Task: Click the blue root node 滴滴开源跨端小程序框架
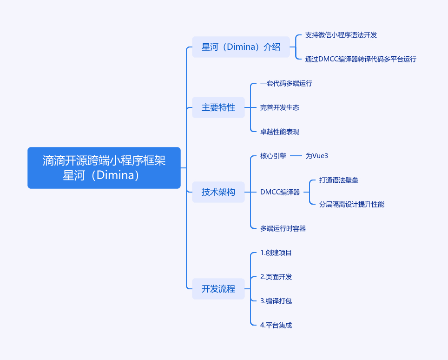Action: point(104,168)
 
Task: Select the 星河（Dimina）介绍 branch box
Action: point(241,47)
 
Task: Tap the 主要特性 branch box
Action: point(218,107)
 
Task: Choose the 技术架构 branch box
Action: point(218,192)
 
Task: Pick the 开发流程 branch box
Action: point(218,289)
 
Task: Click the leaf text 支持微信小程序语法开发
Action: point(341,35)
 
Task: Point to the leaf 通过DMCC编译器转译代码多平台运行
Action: point(361,59)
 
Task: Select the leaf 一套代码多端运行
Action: point(286,84)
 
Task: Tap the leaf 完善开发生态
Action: point(279,107)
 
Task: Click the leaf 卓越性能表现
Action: point(279,132)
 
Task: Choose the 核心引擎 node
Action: point(273,156)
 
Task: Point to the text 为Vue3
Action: point(317,156)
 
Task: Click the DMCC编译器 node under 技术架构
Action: point(280,192)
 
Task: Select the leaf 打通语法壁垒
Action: point(339,180)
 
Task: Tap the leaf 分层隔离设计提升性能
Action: point(352,204)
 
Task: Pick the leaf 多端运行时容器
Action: point(283,228)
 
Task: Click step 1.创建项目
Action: point(276,253)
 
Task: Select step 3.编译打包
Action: point(276,301)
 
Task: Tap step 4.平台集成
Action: point(276,325)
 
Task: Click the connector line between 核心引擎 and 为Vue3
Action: point(296,156)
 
